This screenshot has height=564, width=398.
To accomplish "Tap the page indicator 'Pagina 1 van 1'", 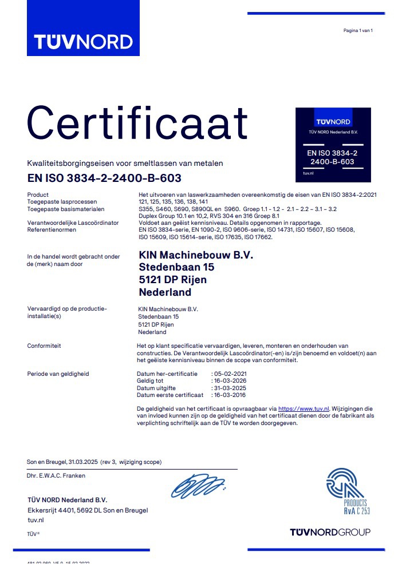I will click(358, 30).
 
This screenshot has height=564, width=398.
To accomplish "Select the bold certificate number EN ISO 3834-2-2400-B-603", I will click(104, 178).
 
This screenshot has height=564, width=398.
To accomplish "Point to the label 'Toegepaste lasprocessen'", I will click(62, 202).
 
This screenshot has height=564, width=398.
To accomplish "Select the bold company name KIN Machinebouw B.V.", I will click(196, 255).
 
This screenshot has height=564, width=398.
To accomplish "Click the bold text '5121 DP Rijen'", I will click(173, 280).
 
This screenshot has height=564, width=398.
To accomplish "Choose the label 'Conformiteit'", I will click(44, 346).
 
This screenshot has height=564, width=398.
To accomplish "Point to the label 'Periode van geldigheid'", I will click(58, 374).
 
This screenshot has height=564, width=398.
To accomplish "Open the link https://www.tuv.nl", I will click(304, 409).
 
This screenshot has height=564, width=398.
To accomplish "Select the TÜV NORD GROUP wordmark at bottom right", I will click(330, 532).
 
